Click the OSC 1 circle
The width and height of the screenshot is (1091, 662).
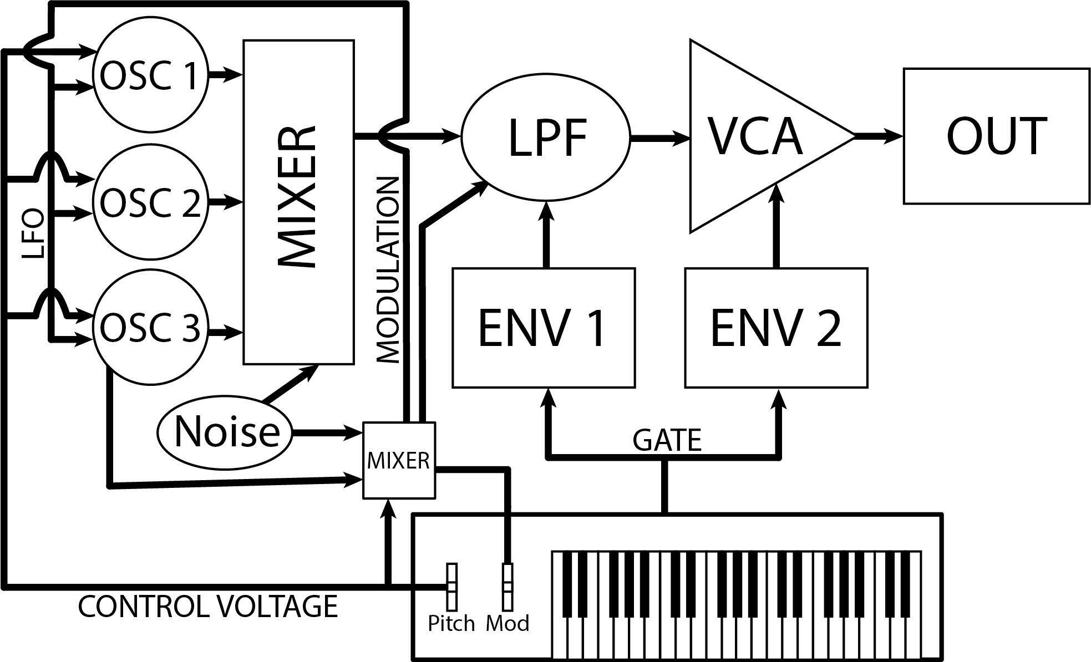point(150,77)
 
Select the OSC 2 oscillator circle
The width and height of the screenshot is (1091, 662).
point(150,202)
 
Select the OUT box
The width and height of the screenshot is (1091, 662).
point(996,136)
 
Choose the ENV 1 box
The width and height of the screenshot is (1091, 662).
point(543,327)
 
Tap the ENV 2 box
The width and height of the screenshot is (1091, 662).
point(776,327)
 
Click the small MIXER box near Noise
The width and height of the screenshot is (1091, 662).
point(399,460)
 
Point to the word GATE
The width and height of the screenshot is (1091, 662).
point(667,441)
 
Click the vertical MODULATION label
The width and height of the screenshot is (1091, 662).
point(388,270)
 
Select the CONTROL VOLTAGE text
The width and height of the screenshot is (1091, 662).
point(208,607)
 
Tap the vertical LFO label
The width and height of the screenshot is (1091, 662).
point(33,234)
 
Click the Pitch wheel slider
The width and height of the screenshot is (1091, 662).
point(452,586)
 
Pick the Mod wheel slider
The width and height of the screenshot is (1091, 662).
point(508,586)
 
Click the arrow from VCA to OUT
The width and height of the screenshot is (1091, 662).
point(879,135)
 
